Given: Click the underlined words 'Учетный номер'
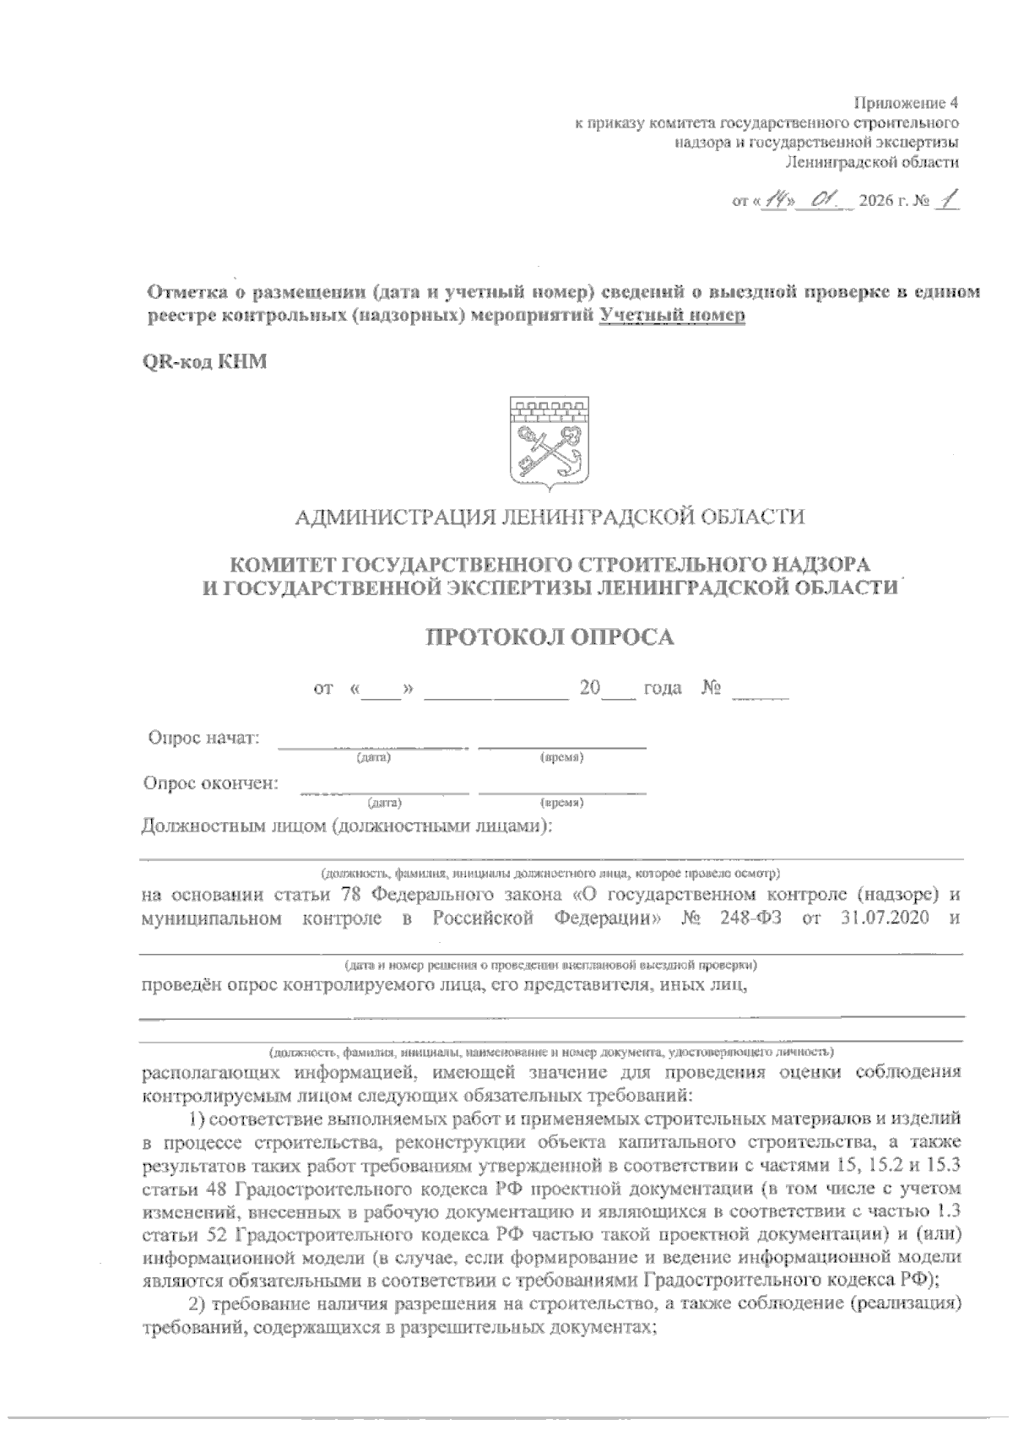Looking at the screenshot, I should pyautogui.click(x=672, y=315).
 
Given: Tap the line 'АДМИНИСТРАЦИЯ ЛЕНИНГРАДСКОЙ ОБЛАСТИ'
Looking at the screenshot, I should pyautogui.click(x=550, y=516).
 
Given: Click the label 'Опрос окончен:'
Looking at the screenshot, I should pyautogui.click(x=211, y=783).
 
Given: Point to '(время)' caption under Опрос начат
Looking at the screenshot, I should pyautogui.click(x=562, y=758).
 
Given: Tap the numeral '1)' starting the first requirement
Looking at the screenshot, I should pyautogui.click(x=197, y=1120).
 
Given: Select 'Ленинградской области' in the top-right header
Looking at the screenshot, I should pyautogui.click(x=872, y=162).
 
